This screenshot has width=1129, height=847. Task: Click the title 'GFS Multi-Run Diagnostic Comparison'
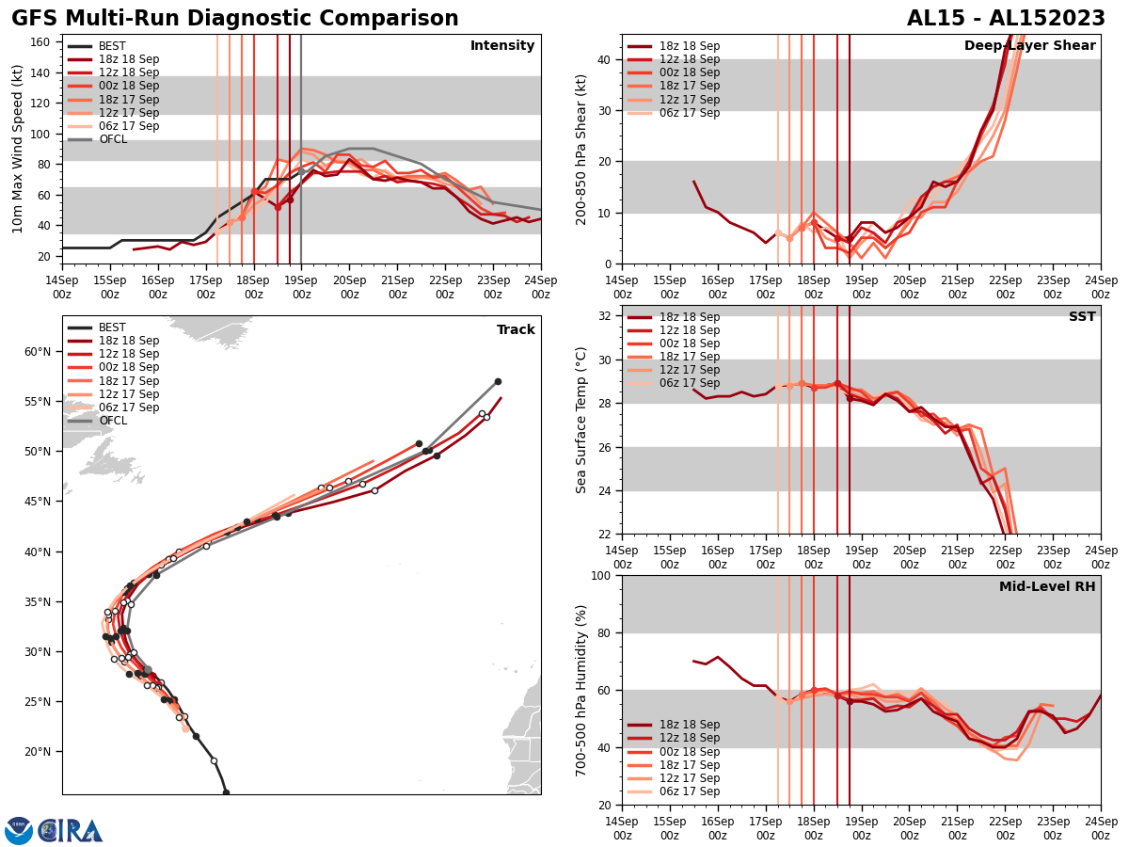tap(234, 19)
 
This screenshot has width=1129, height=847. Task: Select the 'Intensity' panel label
tap(502, 46)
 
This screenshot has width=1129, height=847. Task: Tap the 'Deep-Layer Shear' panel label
tap(1029, 46)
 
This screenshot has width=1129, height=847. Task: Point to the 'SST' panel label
tap(1082, 317)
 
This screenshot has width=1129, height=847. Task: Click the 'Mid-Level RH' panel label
tap(1047, 587)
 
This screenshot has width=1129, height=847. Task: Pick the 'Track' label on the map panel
tap(516, 330)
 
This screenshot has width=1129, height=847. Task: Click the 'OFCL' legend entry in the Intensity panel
tap(113, 139)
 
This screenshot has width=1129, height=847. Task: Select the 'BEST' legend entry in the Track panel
tap(112, 328)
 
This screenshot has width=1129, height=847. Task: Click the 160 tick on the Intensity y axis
tap(43, 41)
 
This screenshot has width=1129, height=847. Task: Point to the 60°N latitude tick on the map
tap(38, 352)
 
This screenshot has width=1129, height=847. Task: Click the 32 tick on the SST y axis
tap(606, 316)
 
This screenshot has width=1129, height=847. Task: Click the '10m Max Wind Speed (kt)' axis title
tap(18, 149)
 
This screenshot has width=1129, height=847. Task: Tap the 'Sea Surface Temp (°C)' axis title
tap(581, 420)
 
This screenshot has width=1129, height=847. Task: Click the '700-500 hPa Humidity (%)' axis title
tap(581, 690)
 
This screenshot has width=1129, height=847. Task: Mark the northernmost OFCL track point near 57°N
tap(498, 381)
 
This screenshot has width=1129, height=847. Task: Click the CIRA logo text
tap(70, 830)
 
